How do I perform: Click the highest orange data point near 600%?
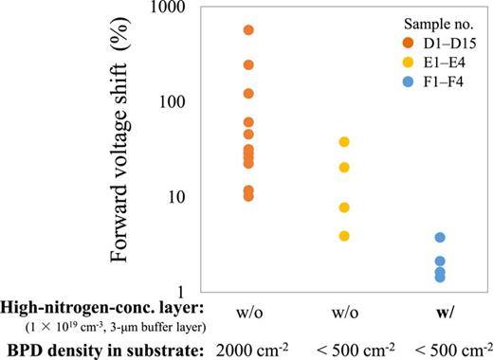(249, 30)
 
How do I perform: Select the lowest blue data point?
(440, 277)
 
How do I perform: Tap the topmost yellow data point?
(344, 142)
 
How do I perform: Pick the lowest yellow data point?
(344, 236)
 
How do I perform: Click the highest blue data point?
(440, 238)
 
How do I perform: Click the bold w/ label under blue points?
(440, 313)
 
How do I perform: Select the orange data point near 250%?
(249, 64)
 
